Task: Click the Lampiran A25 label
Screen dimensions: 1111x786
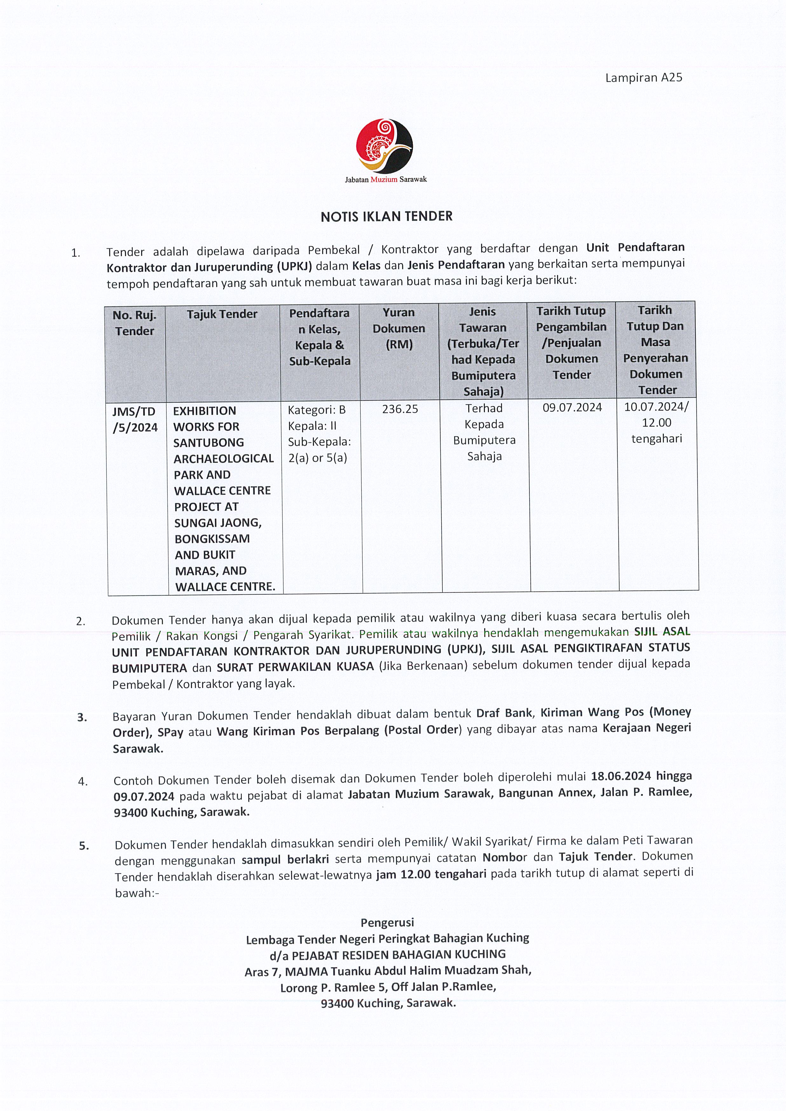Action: [x=643, y=78]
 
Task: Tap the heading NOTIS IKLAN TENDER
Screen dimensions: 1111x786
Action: [x=386, y=216]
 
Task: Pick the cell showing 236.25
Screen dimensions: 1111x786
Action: [x=400, y=409]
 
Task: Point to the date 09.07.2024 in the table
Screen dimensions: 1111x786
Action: [x=572, y=407]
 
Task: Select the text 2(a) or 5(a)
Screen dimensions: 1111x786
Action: [x=318, y=458]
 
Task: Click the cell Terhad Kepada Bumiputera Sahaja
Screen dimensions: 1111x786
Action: [x=484, y=432]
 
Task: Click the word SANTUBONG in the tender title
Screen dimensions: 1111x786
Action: [x=208, y=443]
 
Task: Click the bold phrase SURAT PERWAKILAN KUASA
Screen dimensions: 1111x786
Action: [x=295, y=667]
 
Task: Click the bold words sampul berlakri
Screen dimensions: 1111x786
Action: [x=285, y=859]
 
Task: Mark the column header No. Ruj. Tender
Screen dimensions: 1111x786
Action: [x=134, y=323]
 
